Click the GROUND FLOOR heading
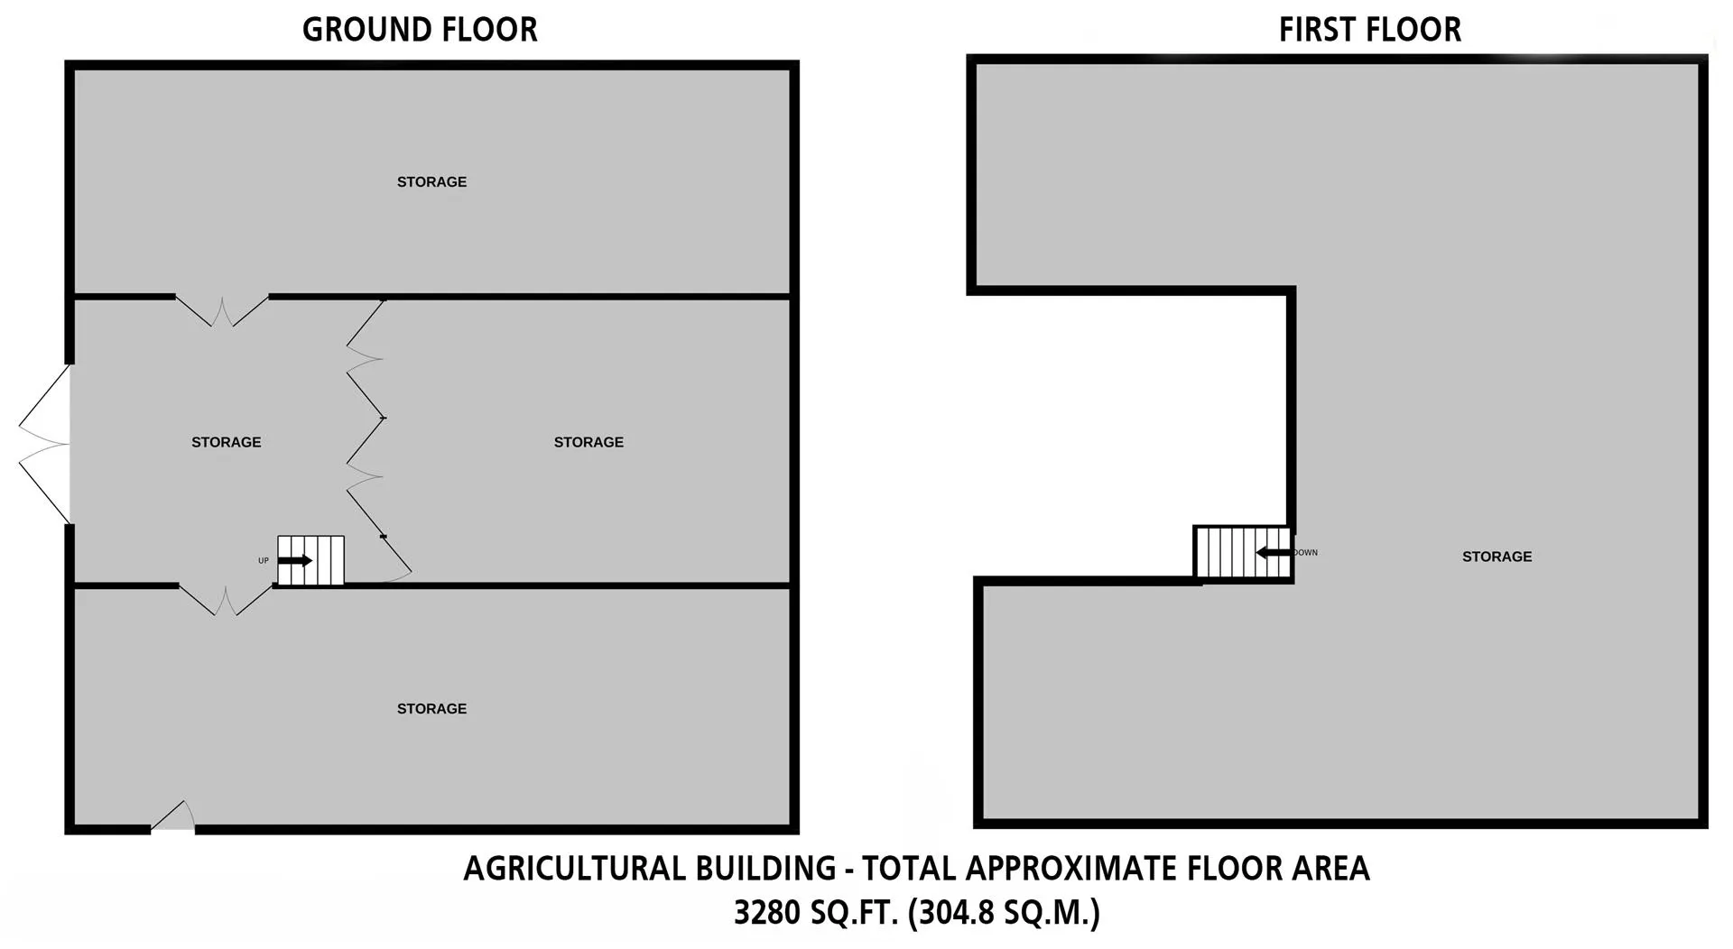[420, 30]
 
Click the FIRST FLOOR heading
[1370, 30]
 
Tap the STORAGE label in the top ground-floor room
[432, 182]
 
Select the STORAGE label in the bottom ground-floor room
[432, 709]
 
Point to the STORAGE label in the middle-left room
[227, 442]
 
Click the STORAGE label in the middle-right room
[588, 442]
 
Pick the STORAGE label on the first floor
[1497, 557]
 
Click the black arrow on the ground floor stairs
[295, 560]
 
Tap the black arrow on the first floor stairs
[1274, 552]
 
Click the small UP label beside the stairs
[264, 561]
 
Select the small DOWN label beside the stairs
[1306, 552]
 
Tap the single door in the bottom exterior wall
[173, 815]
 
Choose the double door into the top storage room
[222, 310]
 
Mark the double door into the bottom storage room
[226, 600]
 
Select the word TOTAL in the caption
[909, 869]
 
